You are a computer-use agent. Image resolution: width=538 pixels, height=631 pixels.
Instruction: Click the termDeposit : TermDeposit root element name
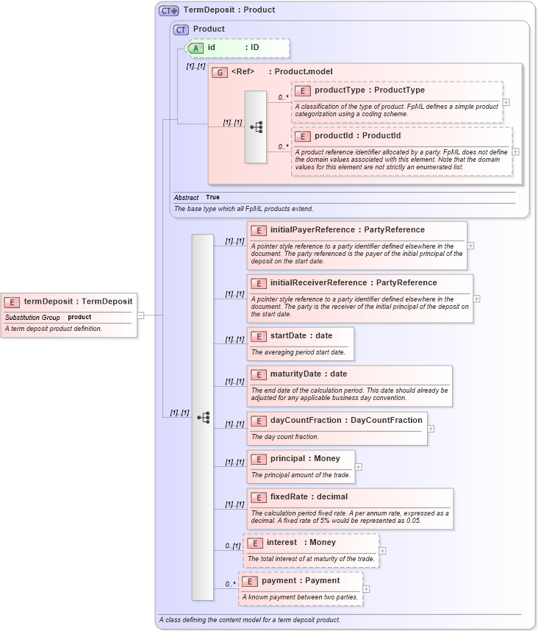pos(78,301)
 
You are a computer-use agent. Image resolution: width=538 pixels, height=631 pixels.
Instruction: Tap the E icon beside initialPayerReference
pos(258,230)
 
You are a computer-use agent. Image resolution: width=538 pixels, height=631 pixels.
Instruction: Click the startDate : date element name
pos(301,336)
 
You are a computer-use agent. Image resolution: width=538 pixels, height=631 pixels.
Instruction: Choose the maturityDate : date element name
pos(309,374)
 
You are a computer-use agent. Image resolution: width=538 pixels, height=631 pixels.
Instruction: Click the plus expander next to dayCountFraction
pos(431,428)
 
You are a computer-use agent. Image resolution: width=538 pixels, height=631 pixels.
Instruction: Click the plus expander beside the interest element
pos(382,550)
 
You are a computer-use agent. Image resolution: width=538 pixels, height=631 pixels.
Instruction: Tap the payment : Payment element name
pos(301,581)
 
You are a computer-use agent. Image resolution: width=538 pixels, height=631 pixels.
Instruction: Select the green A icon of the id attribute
pos(196,48)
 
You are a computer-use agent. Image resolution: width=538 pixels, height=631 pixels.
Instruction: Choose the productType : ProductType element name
pos(369,90)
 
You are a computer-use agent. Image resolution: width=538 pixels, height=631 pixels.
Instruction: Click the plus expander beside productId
pos(515,151)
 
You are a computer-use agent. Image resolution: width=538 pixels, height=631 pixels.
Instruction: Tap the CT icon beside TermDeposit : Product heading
pos(169,10)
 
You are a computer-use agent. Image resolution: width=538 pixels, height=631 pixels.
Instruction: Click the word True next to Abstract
pos(212,198)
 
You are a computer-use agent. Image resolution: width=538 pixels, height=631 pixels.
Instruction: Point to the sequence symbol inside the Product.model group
pos(256,126)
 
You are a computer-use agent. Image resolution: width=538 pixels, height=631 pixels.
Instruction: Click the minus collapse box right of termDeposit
pos(140,315)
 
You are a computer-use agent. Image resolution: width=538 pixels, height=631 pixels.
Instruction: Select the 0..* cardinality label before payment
pos(231,585)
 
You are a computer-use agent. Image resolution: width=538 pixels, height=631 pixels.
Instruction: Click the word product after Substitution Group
pos(79,317)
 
